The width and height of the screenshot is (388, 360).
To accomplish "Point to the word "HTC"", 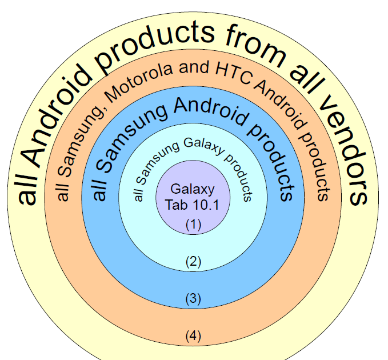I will pyautogui.click(x=231, y=73).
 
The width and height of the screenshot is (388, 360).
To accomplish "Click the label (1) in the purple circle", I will pyautogui.click(x=194, y=225).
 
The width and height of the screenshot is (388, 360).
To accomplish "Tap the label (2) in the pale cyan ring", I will pyautogui.click(x=194, y=262).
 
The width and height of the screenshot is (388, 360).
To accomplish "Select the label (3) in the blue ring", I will pyautogui.click(x=194, y=298).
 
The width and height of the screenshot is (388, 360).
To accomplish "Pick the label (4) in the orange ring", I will pyautogui.click(x=194, y=335).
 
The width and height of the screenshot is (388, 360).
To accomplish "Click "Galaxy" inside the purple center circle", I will pyautogui.click(x=193, y=190).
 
